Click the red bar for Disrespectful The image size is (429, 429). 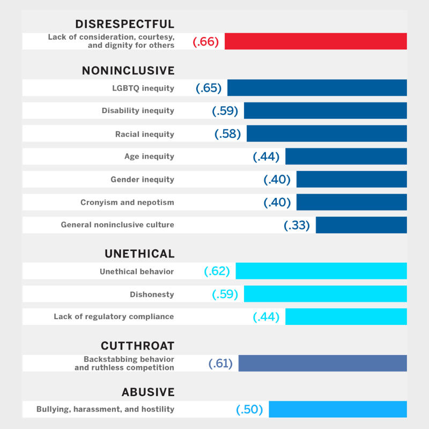pos(315,41)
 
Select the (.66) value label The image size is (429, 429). pos(206,42)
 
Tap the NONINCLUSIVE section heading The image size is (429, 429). pos(128,71)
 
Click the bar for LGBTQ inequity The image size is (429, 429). pos(317,87)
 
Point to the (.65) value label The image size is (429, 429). pos(209,88)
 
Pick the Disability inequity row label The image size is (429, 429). pos(138,110)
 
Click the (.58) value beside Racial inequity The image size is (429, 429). pos(228,134)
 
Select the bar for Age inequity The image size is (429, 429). pos(346,157)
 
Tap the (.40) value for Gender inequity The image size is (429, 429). pos(277,180)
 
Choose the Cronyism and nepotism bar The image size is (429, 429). pos(351,202)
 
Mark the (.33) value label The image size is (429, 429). pos(297,225)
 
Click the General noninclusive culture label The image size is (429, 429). pos(117,225)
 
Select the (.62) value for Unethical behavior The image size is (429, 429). pos(217,271)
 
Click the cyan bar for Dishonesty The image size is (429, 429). pos(325,294)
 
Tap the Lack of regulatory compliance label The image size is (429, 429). pos(114,316)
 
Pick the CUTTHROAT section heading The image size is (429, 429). pos(138,346)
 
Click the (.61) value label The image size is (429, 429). pos(220,364)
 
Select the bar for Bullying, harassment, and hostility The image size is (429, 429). pos(337,409)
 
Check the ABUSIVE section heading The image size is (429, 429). pos(148,392)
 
